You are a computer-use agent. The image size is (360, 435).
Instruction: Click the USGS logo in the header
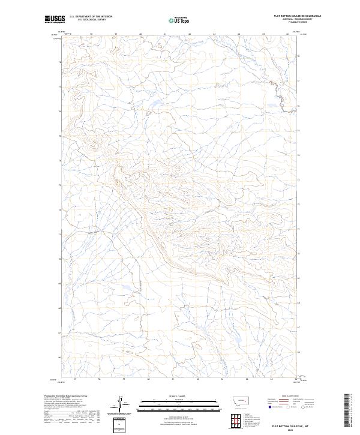click(55, 20)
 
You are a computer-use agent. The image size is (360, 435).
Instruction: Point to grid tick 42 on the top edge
click(190, 34)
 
